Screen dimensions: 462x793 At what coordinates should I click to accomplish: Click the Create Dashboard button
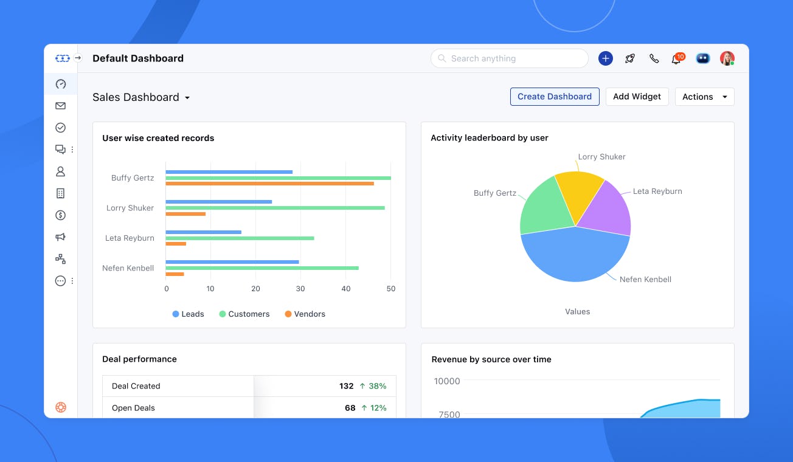(554, 97)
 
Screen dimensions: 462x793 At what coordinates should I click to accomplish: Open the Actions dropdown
(704, 97)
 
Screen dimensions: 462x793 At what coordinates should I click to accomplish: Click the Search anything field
(509, 58)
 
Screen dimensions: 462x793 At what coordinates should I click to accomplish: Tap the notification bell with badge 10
(676, 59)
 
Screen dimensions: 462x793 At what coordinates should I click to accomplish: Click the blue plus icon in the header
(605, 58)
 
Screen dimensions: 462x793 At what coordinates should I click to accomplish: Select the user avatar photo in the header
(726, 58)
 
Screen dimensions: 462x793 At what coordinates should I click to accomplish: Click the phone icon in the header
(654, 58)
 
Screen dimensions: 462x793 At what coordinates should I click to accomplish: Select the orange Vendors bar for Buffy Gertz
(269, 184)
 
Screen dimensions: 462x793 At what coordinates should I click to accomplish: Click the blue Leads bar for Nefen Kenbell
(232, 262)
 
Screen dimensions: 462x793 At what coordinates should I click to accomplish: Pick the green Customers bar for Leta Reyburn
(240, 238)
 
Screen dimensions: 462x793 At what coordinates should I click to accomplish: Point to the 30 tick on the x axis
(300, 289)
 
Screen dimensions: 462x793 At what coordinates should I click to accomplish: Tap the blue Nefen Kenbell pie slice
(575, 255)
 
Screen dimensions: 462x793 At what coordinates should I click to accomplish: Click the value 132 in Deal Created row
(346, 386)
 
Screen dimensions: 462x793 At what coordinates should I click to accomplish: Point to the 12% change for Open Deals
(374, 408)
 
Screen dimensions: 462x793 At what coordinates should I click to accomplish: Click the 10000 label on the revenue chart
(447, 381)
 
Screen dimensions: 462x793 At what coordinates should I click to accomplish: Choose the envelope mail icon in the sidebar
(60, 106)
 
